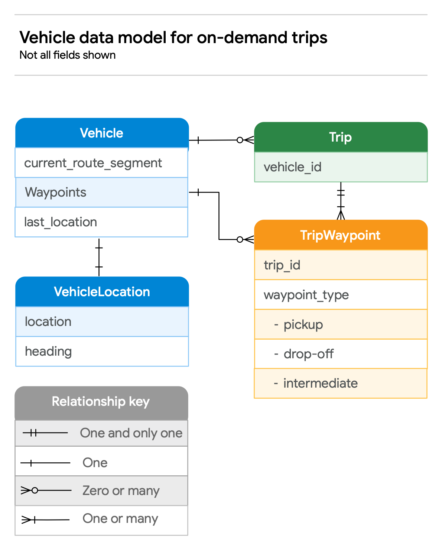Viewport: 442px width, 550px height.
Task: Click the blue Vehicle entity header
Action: pos(102,133)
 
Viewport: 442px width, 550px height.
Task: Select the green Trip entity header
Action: pos(341,137)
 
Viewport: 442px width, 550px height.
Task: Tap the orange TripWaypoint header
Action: pos(341,235)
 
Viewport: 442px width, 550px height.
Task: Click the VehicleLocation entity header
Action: pos(102,292)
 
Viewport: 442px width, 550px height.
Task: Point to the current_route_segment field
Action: pos(93,163)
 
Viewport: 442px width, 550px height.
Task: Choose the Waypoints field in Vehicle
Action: pos(56,192)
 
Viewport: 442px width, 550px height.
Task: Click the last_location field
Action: pos(61,222)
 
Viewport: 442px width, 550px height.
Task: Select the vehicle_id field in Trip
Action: pos(293,167)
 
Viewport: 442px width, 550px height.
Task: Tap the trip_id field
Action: pos(282,265)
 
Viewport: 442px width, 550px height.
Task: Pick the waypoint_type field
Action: pos(306,295)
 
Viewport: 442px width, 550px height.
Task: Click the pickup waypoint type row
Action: pos(303,324)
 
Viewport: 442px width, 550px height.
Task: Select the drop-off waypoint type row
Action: pos(308,354)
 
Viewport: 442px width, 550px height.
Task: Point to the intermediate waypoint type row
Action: pos(320,383)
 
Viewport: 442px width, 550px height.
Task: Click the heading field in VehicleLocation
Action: pos(48,351)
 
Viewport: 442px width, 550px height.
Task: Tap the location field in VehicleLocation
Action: pos(48,321)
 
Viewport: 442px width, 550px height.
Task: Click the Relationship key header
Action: pos(101,402)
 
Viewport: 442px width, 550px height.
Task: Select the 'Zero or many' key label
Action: pos(121,491)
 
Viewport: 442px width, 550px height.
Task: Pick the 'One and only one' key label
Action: pos(131,433)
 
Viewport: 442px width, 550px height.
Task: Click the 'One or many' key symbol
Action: pos(45,520)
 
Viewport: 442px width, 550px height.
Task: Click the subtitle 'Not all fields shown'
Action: pos(68,55)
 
